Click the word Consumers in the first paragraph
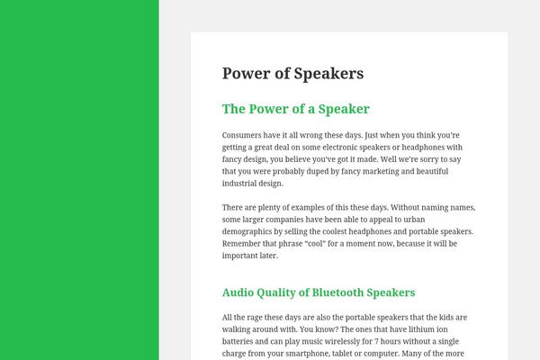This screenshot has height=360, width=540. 244,135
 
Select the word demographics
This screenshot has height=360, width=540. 252,231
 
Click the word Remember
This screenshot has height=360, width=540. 244,243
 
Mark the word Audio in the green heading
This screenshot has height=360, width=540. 240,292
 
